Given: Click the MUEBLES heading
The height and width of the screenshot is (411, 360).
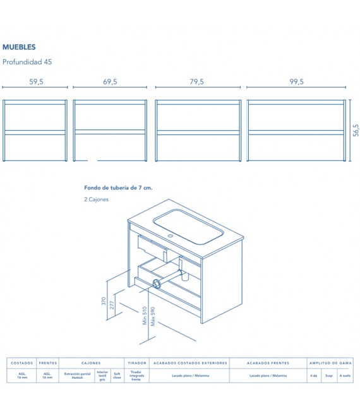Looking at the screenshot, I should coord(19,47).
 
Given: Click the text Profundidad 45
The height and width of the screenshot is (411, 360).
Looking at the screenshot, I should coord(27,62).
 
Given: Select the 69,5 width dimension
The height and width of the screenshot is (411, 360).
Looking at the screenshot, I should coord(110,81).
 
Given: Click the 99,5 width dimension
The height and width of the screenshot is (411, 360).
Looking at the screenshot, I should coord(297,81).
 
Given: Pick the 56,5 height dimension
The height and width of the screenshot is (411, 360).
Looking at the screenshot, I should coord(356,131).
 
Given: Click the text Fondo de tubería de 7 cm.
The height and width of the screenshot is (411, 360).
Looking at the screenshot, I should coord(118,188).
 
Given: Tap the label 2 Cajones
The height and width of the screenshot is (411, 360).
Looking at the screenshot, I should coord(96,200).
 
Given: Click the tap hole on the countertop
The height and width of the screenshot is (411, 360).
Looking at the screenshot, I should coord(169,236).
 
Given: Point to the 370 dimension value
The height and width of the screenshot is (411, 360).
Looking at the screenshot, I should coord(104,301).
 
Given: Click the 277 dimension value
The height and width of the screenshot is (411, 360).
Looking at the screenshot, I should coord(112,306).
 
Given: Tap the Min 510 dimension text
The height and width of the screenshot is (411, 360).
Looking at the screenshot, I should coord(145,316).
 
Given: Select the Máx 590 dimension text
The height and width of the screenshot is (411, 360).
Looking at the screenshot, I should coord(152,318).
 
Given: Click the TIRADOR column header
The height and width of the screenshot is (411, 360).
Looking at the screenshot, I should coord(137,363).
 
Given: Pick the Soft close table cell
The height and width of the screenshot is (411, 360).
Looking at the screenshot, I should coord(117,376).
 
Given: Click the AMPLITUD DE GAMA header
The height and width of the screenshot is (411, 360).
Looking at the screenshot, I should coord(330,363).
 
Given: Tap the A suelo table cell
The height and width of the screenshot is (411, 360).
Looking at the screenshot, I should coord(345,376).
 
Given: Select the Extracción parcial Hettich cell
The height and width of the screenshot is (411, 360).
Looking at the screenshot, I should coord(77,376).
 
